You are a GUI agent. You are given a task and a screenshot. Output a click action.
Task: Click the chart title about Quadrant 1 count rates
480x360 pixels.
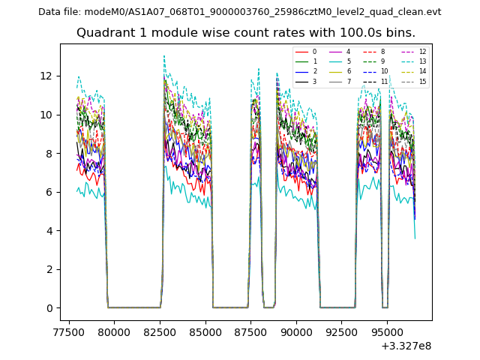coord(245,33)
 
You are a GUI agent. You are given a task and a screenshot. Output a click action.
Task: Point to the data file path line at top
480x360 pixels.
coord(239,12)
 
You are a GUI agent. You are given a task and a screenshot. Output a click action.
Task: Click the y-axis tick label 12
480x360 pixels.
coord(46,76)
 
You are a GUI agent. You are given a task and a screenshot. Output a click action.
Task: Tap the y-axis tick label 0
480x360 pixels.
coord(49,308)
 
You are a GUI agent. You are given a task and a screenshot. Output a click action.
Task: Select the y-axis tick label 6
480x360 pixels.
coord(49,192)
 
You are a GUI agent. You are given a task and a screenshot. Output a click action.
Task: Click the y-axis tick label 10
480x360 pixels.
coord(46,115)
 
